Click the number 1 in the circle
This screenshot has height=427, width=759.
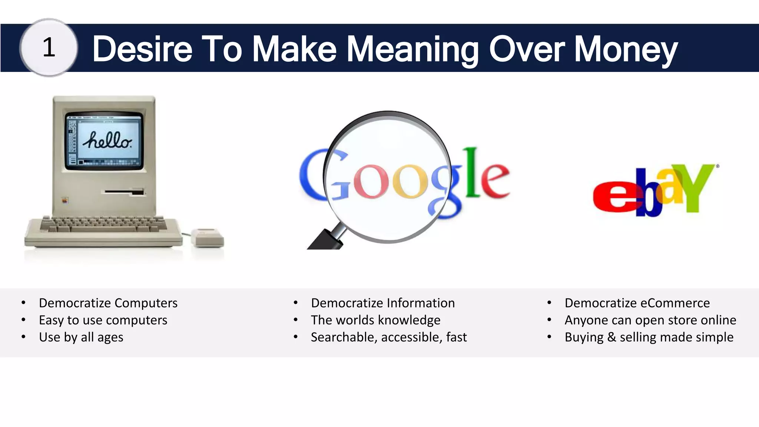click(49, 48)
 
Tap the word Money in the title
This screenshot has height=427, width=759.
click(626, 49)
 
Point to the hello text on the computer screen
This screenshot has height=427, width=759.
click(107, 140)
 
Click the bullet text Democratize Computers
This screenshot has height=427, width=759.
click(108, 303)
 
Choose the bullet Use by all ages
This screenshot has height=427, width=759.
click(81, 337)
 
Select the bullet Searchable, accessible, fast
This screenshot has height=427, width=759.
click(389, 337)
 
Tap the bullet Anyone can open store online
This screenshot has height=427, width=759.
click(650, 320)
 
